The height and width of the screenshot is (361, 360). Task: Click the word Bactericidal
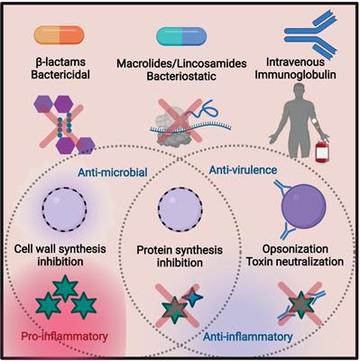[x=58, y=73]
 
